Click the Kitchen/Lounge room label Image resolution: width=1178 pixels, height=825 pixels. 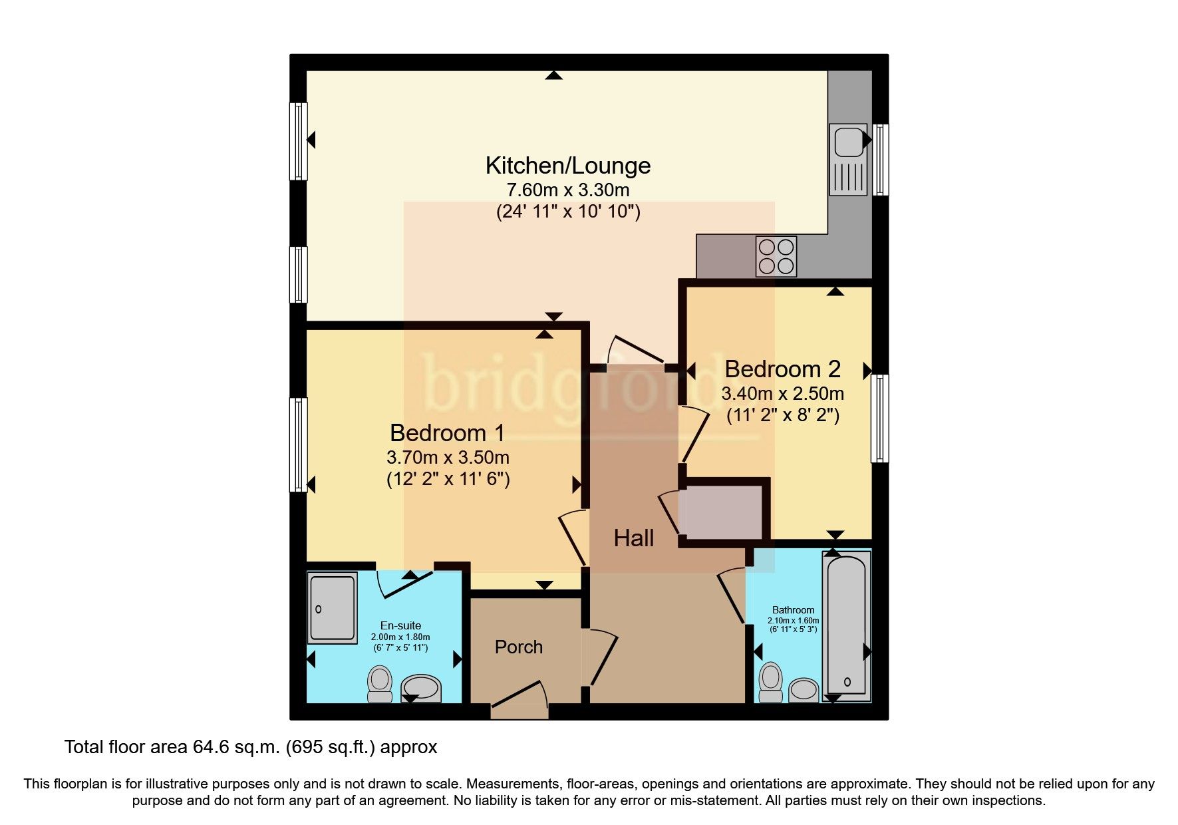pos(567,165)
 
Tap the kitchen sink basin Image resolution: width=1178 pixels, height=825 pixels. pos(847,141)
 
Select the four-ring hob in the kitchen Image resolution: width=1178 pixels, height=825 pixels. pos(776,256)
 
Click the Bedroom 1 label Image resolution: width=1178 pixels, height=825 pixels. pos(447,433)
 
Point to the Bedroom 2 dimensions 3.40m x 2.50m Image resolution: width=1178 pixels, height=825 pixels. pos(782,393)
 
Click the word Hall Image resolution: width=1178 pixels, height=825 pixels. pos(633,538)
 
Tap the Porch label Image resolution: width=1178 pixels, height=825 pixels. pos(518,647)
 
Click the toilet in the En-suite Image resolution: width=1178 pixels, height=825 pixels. pos(380,685)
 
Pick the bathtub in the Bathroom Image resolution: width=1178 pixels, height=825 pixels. pos(846,625)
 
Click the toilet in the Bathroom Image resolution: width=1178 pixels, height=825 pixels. pos(771,683)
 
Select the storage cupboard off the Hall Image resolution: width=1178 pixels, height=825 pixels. pos(724,512)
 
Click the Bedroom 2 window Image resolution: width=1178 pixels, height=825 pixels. pos(880,418)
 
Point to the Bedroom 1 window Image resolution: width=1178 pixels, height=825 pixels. pos(299,444)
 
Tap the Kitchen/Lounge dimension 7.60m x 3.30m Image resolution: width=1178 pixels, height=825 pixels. pos(567,190)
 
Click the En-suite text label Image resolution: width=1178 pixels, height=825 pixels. pos(400,625)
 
